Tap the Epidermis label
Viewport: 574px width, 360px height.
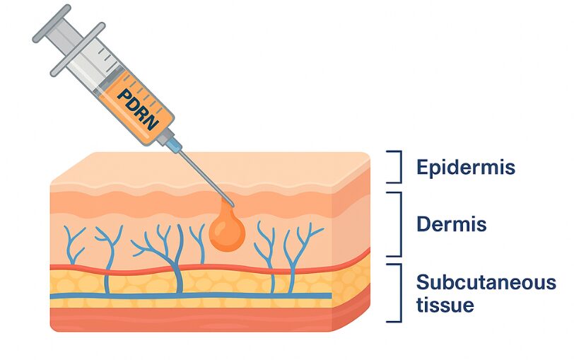tap(465, 168)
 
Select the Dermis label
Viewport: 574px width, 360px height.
tap(451, 225)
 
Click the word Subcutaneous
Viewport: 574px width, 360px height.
tap(486, 283)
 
